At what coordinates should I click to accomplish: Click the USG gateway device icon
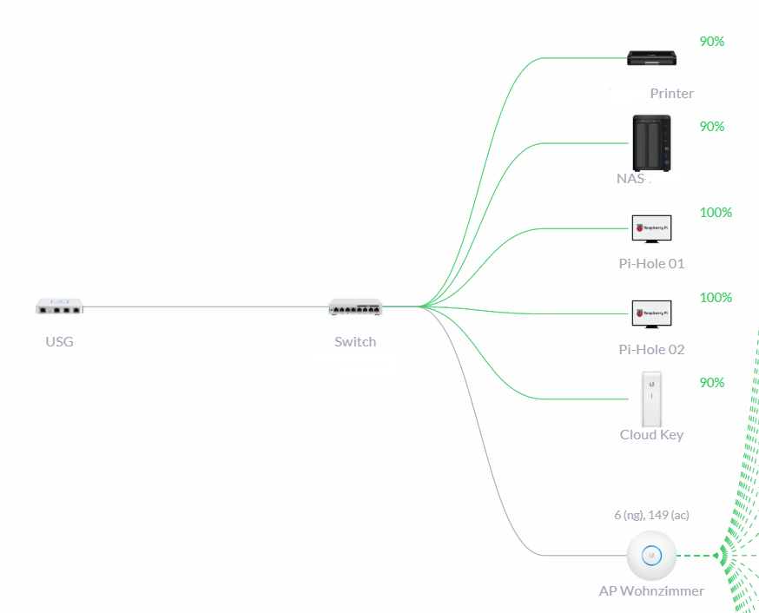tap(59, 306)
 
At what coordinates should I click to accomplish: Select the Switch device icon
tap(355, 306)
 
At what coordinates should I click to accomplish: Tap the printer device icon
tap(652, 59)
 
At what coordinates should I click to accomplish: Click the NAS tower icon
tap(651, 143)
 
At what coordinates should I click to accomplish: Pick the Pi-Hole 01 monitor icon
tap(651, 228)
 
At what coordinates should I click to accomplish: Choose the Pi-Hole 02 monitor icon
tap(651, 313)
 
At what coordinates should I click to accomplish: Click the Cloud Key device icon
tap(651, 399)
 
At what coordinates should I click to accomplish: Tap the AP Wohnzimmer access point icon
tap(651, 556)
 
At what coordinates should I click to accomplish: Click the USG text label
tap(59, 341)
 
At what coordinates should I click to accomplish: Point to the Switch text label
tap(355, 341)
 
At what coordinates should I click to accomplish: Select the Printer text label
tap(671, 94)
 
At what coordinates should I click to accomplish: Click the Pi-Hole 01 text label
tap(651, 264)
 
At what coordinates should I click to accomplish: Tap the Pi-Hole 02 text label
tap(651, 349)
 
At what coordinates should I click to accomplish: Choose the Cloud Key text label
tap(651, 434)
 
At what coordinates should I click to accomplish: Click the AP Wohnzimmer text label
tap(651, 590)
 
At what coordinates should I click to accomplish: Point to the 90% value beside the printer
tap(712, 41)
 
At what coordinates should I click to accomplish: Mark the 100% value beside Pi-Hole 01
tap(716, 212)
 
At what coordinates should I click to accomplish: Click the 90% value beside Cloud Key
tap(712, 382)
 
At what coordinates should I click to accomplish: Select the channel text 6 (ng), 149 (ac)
tap(651, 515)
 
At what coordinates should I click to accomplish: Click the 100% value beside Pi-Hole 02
tap(716, 297)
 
